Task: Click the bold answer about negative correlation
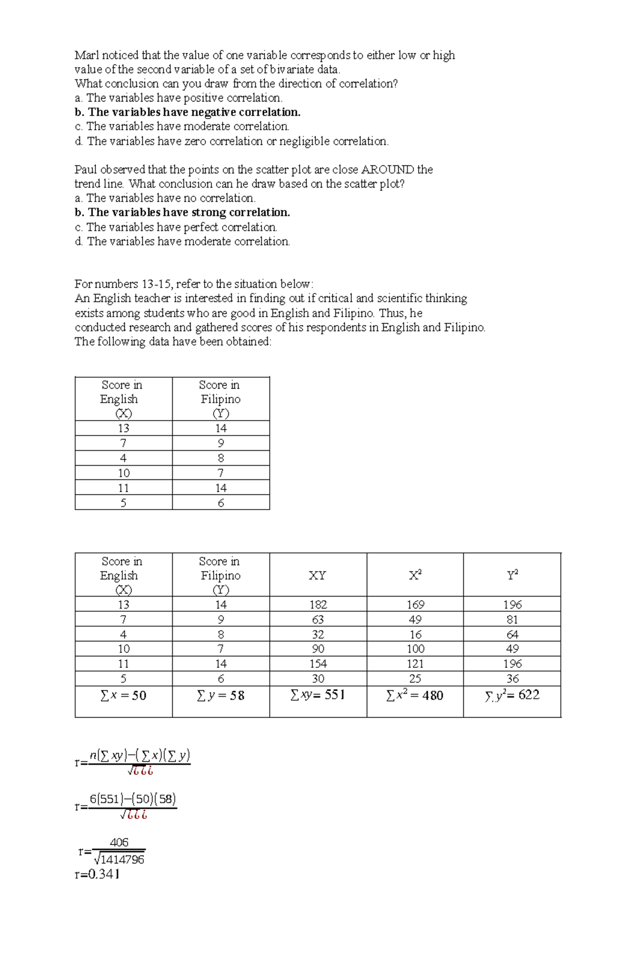[x=188, y=112]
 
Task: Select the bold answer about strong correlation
[x=182, y=212]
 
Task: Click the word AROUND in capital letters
[x=387, y=170]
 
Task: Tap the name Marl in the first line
[x=86, y=55]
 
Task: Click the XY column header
[x=317, y=575]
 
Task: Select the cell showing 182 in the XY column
[x=318, y=604]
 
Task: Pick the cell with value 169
[x=415, y=604]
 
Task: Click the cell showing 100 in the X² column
[x=415, y=649]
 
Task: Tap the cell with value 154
[x=318, y=664]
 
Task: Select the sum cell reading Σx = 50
[x=123, y=695]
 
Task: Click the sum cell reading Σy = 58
[x=220, y=695]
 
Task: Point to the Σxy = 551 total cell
[x=317, y=695]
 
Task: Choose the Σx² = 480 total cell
[x=414, y=695]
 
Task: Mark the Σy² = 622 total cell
[x=512, y=695]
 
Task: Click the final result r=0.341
[x=97, y=874]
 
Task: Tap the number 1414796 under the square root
[x=122, y=860]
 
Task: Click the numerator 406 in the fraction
[x=119, y=842]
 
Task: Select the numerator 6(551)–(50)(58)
[x=132, y=799]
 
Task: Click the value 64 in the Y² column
[x=512, y=634]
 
